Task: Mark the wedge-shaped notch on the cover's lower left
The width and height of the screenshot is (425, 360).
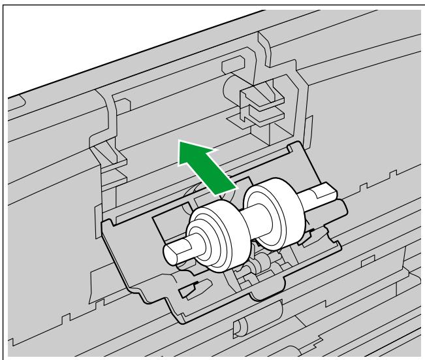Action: pyautogui.click(x=191, y=286)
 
